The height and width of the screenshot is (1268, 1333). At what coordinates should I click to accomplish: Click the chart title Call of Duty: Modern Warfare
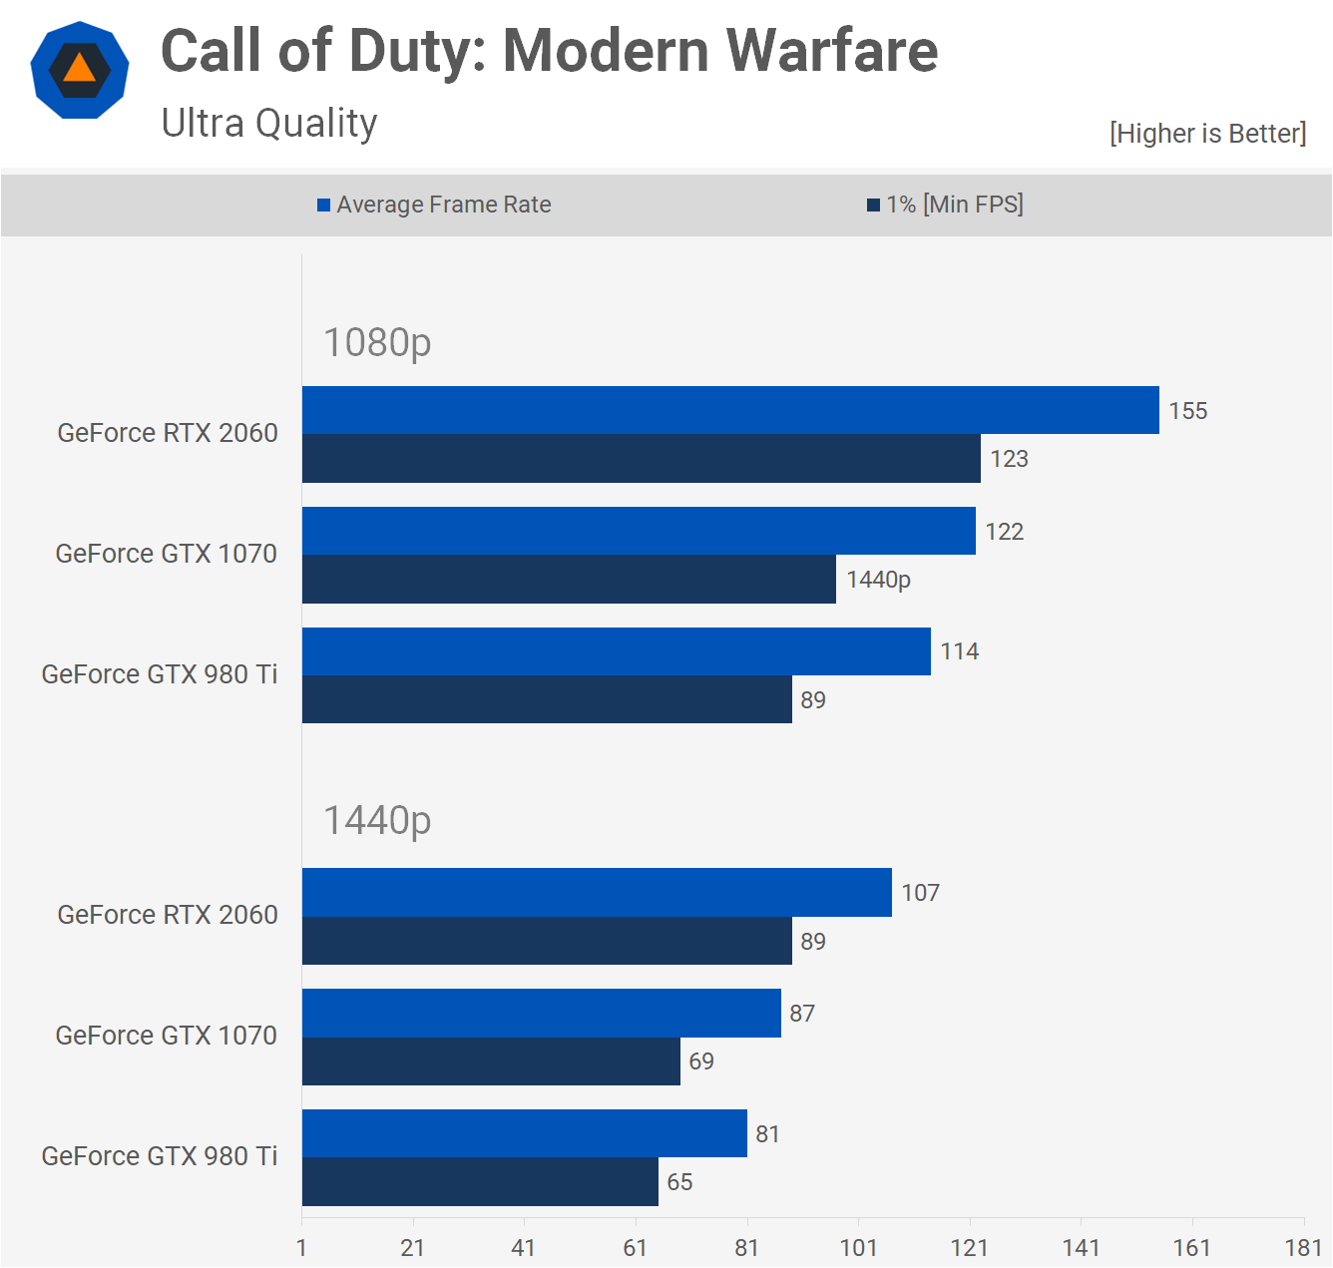[549, 51]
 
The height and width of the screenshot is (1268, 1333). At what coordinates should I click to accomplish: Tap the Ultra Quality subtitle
[269, 124]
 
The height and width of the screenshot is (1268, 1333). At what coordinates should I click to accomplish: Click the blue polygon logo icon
[80, 70]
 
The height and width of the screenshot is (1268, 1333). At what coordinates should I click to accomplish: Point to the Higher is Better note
[1207, 134]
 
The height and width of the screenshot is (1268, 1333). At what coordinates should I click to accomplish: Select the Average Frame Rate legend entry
[434, 205]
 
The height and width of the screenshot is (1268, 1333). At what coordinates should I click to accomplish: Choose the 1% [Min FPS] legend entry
[945, 205]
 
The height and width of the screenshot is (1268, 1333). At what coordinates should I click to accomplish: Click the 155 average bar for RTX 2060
[730, 410]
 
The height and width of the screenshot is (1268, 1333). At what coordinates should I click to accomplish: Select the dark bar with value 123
[641, 459]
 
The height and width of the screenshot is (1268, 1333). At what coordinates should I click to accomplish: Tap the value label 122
[1005, 532]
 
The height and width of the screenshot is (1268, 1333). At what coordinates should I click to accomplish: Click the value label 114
[960, 651]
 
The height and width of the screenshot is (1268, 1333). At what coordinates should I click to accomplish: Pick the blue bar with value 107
[597, 893]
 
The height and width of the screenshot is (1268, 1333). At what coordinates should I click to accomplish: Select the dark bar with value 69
[491, 1061]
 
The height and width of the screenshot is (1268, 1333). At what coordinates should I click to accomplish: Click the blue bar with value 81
[524, 1133]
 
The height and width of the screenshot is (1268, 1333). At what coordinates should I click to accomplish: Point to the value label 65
[679, 1182]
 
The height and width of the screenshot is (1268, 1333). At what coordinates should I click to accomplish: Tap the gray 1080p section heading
[377, 342]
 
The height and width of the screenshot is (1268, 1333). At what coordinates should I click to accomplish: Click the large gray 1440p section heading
[377, 820]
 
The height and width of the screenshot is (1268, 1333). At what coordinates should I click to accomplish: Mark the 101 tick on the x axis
[858, 1247]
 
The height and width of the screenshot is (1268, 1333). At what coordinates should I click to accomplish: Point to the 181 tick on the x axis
[1303, 1247]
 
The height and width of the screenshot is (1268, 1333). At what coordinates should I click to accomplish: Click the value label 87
[802, 1014]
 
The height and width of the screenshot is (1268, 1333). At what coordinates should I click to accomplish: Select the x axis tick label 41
[524, 1247]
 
